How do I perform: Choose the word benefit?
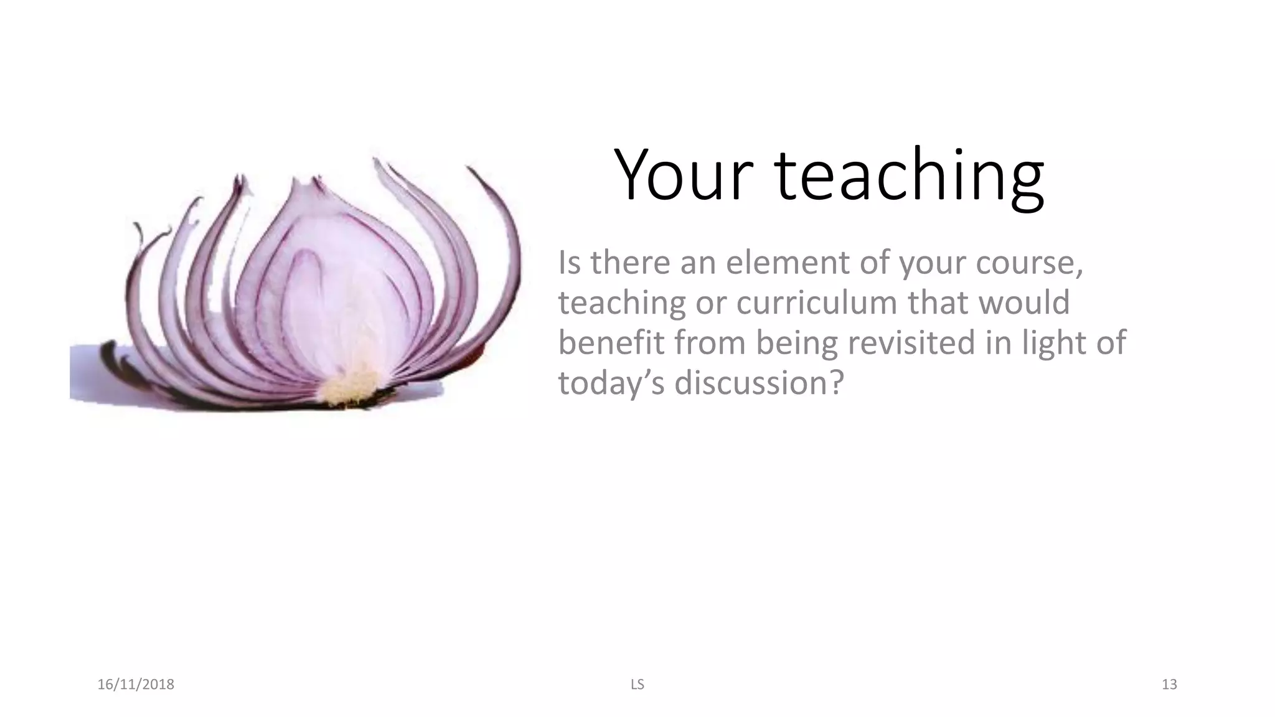611,342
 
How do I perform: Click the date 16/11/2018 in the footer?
136,685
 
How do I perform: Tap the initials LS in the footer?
637,685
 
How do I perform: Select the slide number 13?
1169,685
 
